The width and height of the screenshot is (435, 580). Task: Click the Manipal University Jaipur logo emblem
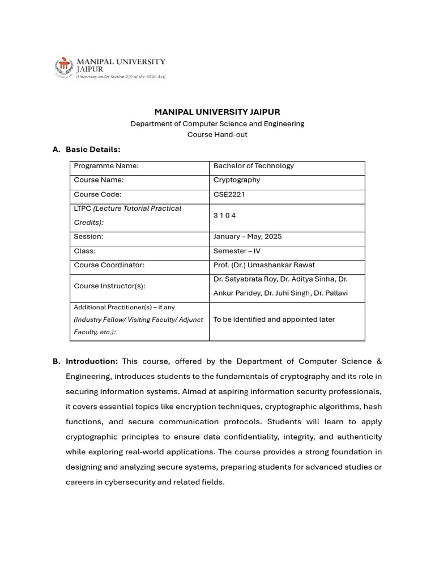[64, 67]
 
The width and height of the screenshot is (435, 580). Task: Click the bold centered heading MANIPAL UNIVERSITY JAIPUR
[217, 112]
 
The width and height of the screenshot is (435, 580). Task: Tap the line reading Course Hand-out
[217, 135]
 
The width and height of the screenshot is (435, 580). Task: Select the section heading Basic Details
[93, 150]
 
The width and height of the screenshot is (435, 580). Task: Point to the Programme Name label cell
[106, 166]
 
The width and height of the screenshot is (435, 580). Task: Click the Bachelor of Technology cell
[254, 166]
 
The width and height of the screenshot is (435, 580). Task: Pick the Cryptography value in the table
[237, 180]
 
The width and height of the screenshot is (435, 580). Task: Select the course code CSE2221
[229, 194]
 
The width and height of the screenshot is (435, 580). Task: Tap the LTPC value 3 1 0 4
[224, 216]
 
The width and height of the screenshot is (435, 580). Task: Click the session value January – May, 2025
[248, 237]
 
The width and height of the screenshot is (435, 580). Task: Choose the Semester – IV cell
[237, 251]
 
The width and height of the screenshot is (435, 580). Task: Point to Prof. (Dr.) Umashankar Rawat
[264, 265]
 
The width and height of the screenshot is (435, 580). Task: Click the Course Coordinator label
[109, 265]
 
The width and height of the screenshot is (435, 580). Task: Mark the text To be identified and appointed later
[274, 319]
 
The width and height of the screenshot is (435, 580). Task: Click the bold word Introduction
[92, 361]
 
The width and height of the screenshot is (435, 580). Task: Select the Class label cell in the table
[85, 251]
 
